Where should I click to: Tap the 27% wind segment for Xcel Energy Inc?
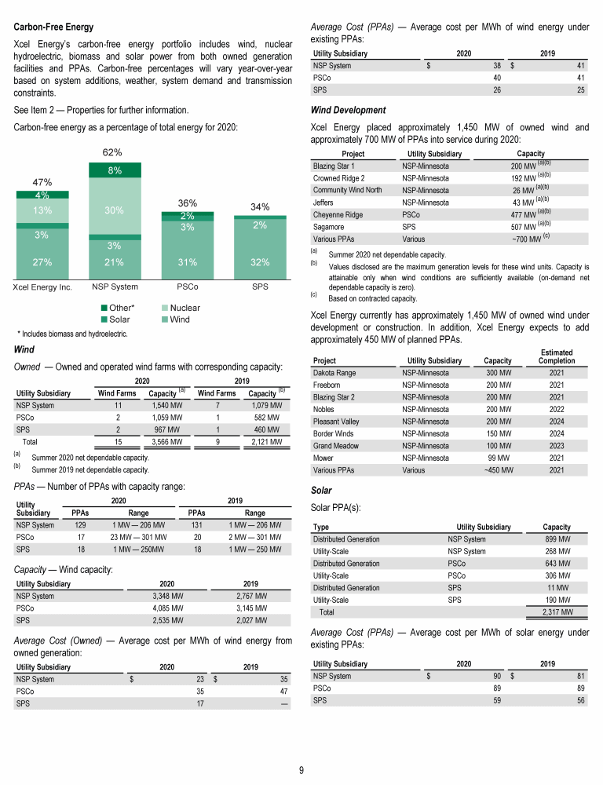tap(42, 262)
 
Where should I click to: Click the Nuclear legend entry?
tap(185, 309)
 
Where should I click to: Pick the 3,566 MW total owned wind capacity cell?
tap(166, 443)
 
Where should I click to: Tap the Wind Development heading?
tap(348, 110)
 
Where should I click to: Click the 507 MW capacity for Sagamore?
tap(524, 226)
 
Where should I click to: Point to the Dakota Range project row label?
tap(334, 373)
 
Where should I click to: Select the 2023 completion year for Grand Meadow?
tap(557, 444)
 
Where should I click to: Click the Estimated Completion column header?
tap(557, 357)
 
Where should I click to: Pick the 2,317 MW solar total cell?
tap(557, 612)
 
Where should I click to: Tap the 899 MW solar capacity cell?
tap(557, 539)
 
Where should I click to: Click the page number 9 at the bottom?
tap(301, 769)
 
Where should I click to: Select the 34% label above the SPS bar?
tap(260, 207)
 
